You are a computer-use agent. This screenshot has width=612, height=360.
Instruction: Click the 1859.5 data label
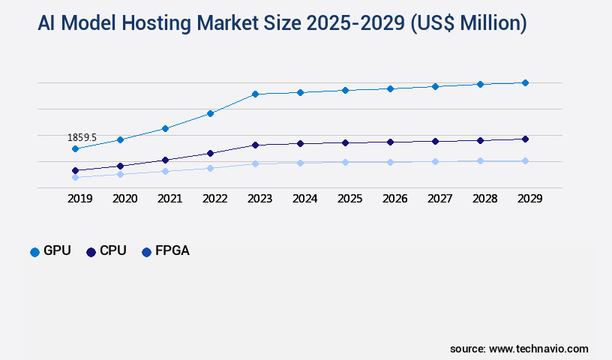(x=82, y=137)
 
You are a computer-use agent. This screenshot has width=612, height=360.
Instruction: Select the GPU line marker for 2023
(x=255, y=94)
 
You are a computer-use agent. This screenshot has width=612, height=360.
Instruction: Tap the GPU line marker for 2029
(x=525, y=82)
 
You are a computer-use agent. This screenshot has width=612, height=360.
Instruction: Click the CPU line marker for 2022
(x=210, y=153)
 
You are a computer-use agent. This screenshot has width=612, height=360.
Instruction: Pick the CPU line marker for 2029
(x=525, y=139)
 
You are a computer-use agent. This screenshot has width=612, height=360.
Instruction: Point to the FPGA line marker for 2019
(x=75, y=177)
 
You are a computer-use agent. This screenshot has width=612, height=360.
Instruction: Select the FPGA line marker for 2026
(x=390, y=162)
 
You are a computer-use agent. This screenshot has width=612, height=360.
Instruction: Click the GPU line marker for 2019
(x=75, y=148)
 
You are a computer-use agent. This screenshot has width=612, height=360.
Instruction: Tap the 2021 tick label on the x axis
(x=169, y=199)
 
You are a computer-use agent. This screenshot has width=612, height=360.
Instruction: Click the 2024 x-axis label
(x=304, y=199)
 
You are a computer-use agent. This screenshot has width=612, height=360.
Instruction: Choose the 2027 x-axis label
(x=439, y=199)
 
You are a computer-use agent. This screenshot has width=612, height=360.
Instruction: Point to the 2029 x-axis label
(x=529, y=199)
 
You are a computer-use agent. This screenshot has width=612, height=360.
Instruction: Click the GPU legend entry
(x=50, y=251)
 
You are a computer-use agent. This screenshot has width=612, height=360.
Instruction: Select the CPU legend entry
(x=106, y=251)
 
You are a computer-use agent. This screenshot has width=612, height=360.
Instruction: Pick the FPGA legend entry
(x=166, y=251)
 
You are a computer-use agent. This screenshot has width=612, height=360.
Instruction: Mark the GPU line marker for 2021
(x=165, y=128)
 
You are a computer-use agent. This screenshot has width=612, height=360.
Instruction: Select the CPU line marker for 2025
(x=345, y=142)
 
